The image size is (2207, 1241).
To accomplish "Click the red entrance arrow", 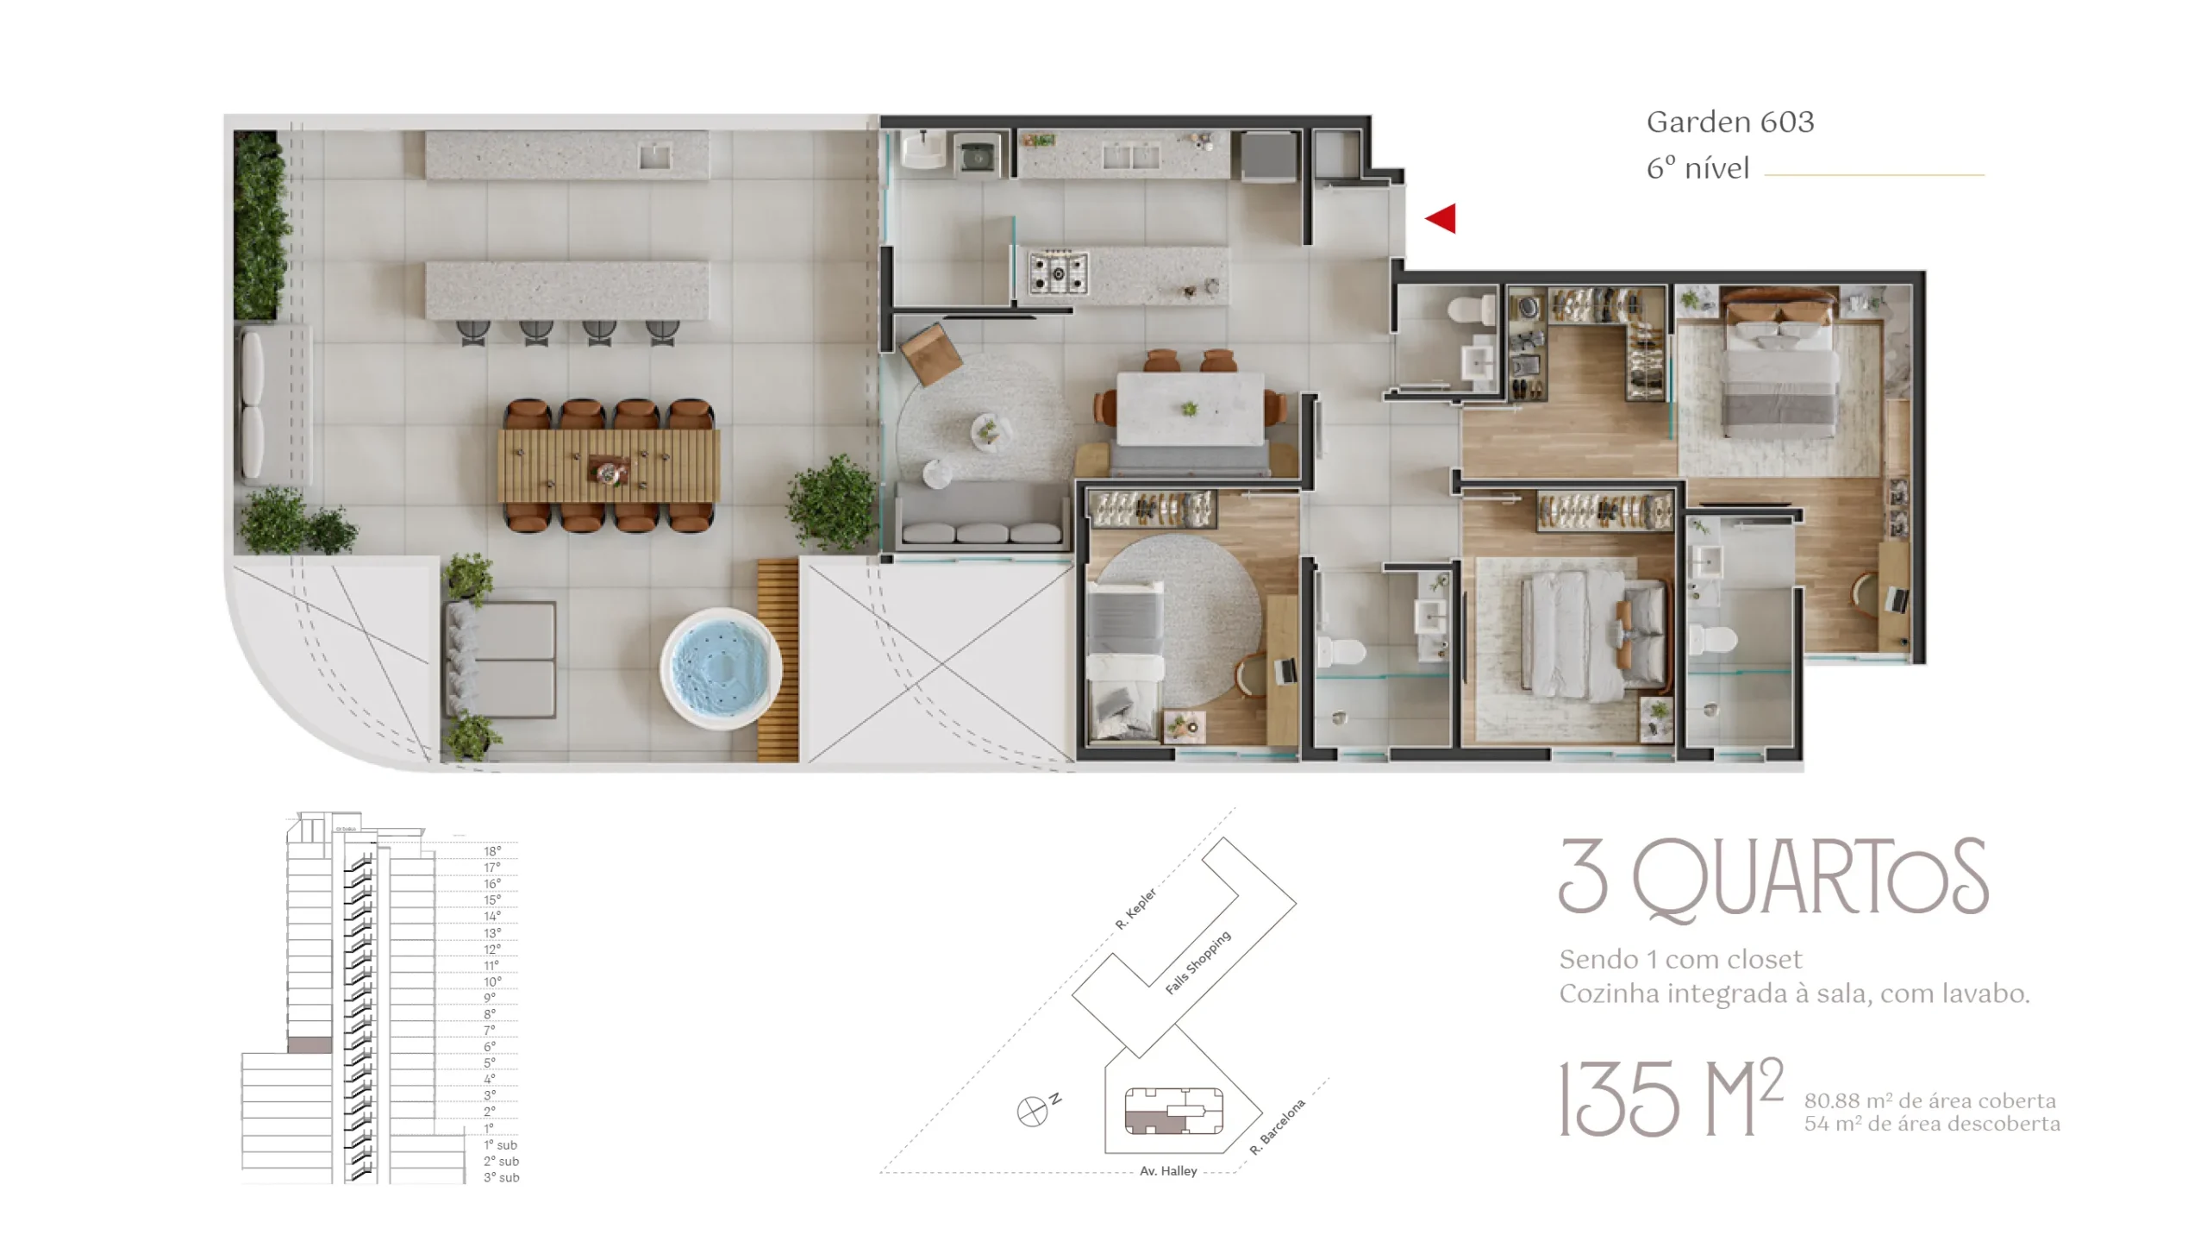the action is [1441, 218].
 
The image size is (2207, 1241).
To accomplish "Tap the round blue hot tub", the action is [721, 668].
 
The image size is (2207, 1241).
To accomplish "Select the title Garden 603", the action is [1730, 122].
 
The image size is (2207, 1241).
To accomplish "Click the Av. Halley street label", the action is [1168, 1171].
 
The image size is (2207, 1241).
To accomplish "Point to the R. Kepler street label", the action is [1135, 909].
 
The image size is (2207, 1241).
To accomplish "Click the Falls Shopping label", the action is [1197, 962].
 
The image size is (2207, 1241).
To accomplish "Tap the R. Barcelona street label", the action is [1278, 1127].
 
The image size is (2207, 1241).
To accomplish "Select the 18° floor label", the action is [492, 851].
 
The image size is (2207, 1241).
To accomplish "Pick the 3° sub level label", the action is [501, 1177].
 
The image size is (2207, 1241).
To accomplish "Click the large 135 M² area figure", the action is [1671, 1098].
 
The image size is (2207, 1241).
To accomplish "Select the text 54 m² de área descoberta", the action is [1932, 1124].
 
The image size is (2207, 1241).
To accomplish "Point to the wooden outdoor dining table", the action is [609, 466].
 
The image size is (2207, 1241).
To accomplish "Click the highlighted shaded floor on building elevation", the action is [309, 1045].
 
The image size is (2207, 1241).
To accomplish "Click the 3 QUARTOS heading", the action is [1774, 877].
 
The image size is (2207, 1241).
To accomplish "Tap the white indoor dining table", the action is [1191, 409].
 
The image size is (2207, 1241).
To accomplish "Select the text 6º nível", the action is [1697, 168].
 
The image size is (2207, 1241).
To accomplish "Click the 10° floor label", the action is [492, 981].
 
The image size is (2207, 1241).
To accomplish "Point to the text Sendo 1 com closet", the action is [1680, 959].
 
